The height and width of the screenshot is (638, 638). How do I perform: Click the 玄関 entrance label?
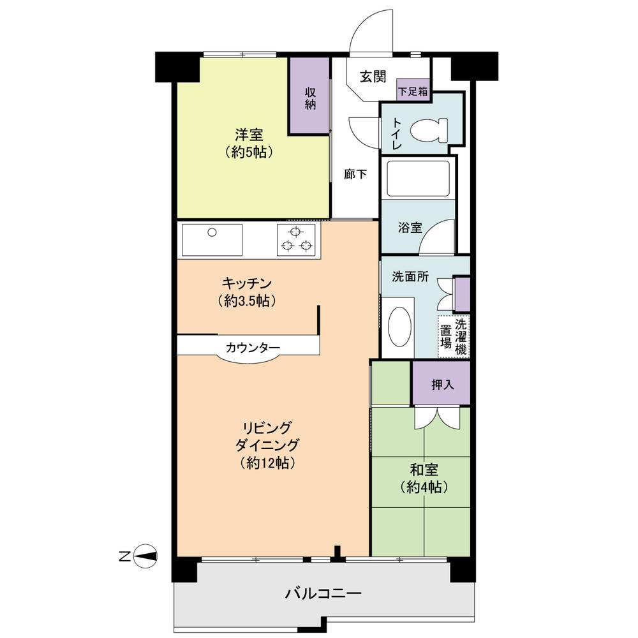pyautogui.click(x=373, y=77)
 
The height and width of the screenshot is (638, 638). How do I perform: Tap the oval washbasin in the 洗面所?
pyautogui.click(x=401, y=327)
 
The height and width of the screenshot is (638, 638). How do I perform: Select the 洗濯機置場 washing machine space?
pyautogui.click(x=454, y=336)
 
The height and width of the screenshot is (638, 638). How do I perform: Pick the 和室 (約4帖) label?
pyautogui.click(x=424, y=478)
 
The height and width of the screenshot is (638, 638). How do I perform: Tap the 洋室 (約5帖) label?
pyautogui.click(x=249, y=143)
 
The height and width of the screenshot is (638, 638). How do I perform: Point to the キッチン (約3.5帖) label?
pyautogui.click(x=249, y=291)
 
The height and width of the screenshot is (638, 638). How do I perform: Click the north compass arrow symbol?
pyautogui.click(x=146, y=556)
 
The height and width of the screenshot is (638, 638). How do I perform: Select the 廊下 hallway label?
pyautogui.click(x=355, y=174)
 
